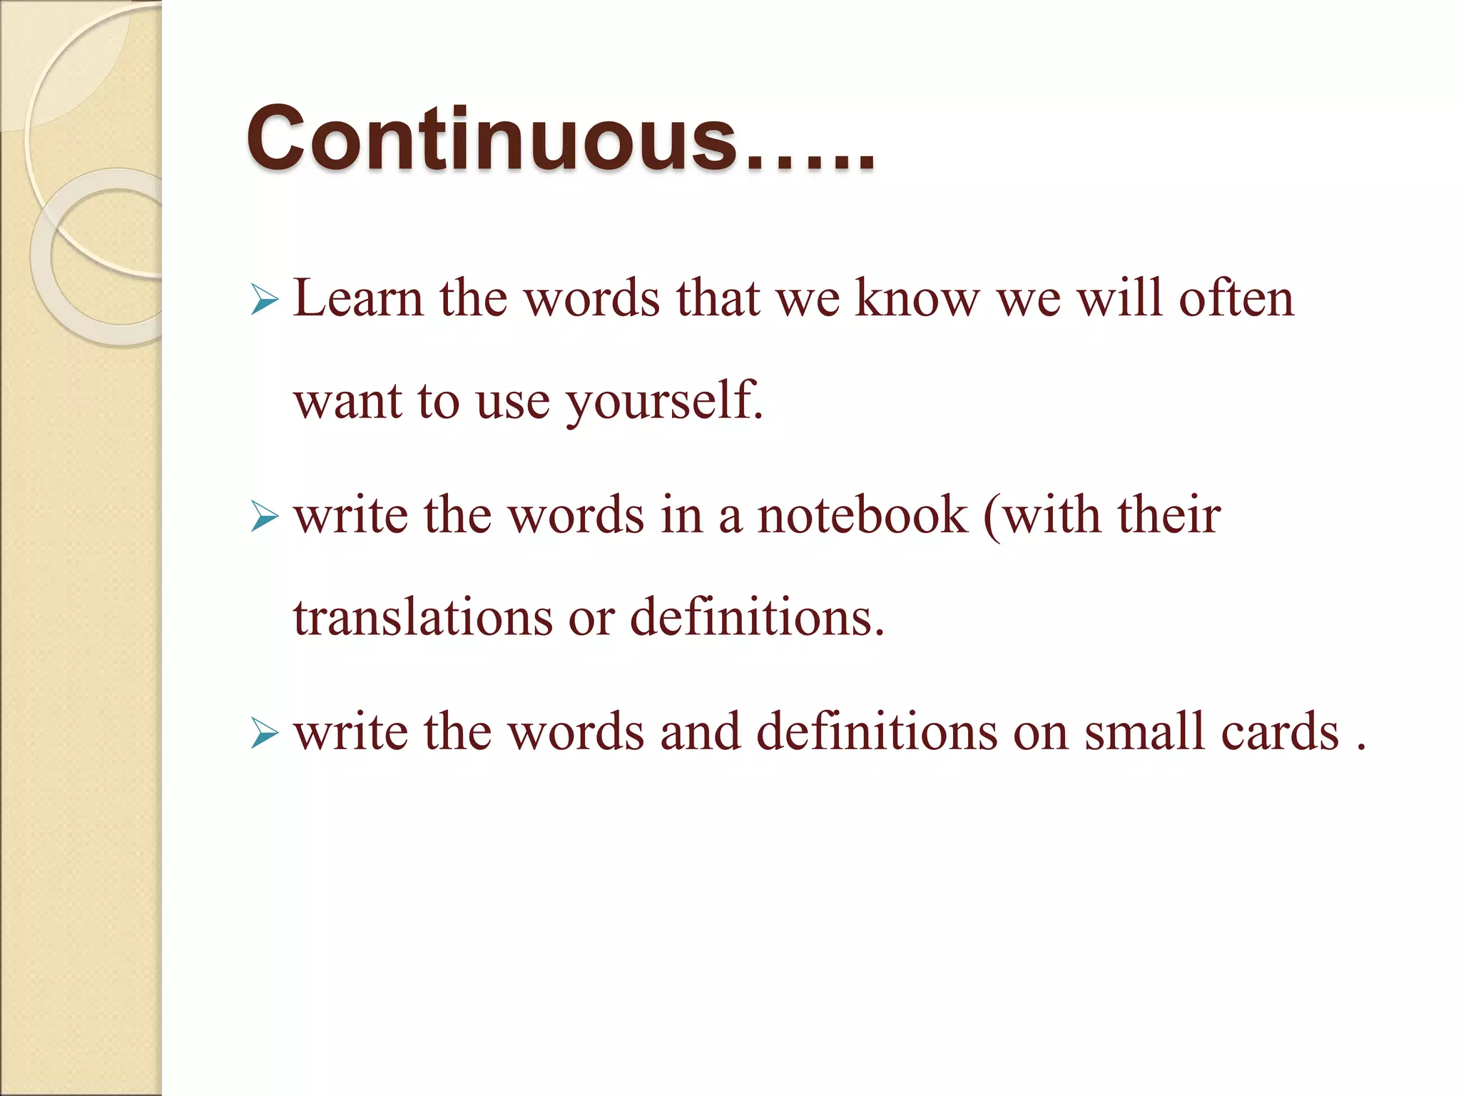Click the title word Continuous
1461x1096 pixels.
click(x=492, y=138)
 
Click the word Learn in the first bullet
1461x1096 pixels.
click(x=358, y=298)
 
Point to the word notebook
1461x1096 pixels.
click(x=862, y=515)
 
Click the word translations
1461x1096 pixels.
click(x=422, y=618)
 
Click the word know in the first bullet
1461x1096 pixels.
click(x=917, y=298)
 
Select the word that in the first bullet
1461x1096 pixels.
click(x=718, y=298)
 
